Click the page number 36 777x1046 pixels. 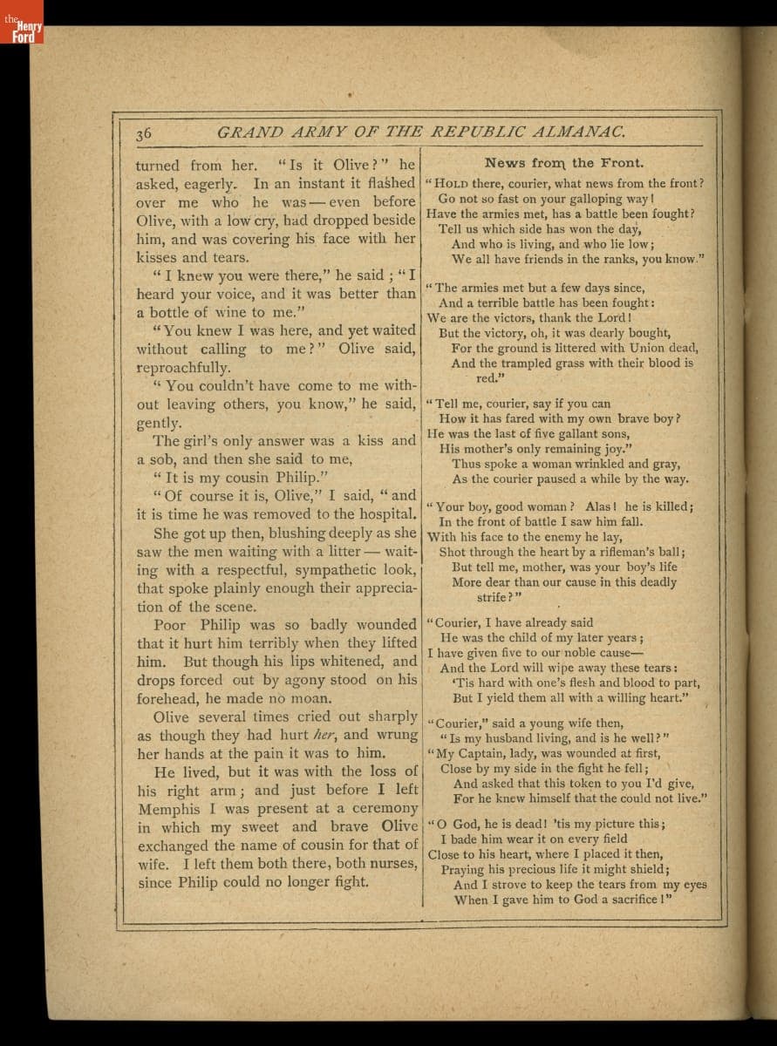pyautogui.click(x=145, y=133)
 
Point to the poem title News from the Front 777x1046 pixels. pyautogui.click(x=564, y=163)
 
